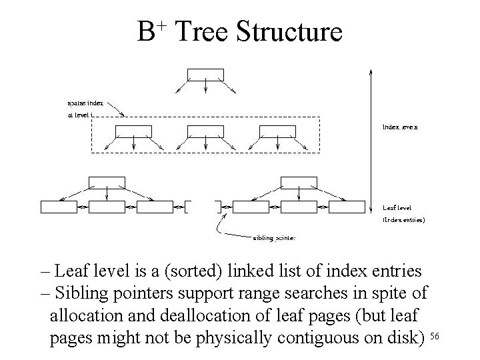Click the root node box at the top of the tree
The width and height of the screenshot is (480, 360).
[x=205, y=74]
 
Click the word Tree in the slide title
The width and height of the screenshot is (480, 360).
[x=204, y=31]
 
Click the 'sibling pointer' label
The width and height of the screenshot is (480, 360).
[x=274, y=237]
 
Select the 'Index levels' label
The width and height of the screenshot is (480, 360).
[x=400, y=125]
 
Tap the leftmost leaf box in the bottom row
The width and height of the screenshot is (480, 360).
[x=59, y=207]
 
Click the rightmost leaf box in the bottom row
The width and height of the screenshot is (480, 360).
[x=347, y=207]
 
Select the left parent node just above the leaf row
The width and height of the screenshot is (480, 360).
[x=107, y=182]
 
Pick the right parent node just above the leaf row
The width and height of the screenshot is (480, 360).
[x=299, y=182]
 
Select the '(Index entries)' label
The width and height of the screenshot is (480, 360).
[x=404, y=219]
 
